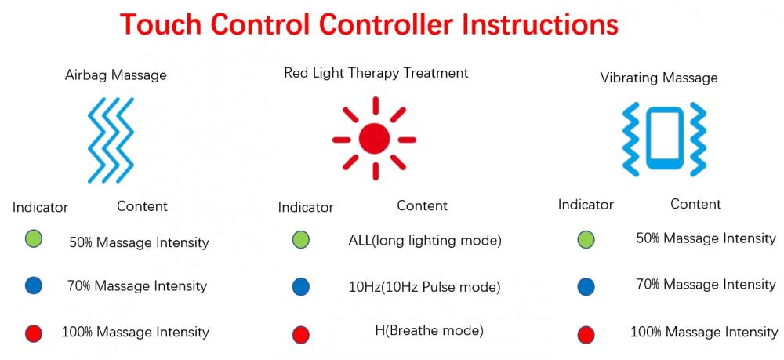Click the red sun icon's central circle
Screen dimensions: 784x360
point(374,139)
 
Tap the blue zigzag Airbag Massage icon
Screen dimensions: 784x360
point(111,140)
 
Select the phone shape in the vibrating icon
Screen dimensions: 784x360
point(664,139)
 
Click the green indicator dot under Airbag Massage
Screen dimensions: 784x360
point(34,239)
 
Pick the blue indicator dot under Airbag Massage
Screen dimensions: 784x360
point(34,285)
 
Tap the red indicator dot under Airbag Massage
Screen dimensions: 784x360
point(34,333)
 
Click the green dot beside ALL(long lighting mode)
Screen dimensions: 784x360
point(300,240)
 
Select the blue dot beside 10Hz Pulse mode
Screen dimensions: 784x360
point(300,287)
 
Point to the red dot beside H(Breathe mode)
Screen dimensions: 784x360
point(300,334)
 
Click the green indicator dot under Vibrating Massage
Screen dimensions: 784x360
point(586,240)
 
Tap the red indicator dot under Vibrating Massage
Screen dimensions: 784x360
point(586,334)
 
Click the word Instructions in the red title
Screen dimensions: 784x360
point(539,24)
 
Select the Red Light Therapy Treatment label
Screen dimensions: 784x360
point(376,73)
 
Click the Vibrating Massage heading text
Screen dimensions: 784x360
point(659,78)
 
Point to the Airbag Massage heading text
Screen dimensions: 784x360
point(115,75)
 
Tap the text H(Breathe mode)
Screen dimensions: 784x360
point(429,330)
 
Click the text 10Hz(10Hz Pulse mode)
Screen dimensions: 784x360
point(424,288)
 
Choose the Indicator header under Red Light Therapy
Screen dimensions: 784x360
point(306,207)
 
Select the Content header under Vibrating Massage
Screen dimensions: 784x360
point(695,204)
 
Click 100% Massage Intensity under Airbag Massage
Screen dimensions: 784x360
point(135,332)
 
